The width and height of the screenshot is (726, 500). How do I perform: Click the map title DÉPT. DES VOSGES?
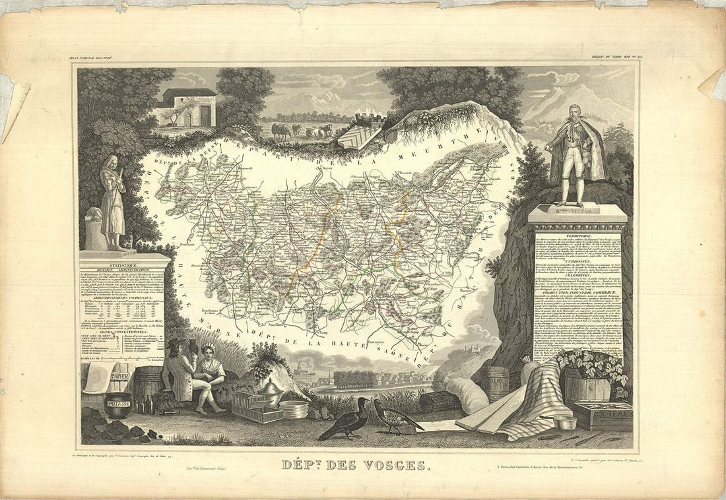coord(354,465)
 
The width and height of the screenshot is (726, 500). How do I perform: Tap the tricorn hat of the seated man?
coord(176,344)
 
